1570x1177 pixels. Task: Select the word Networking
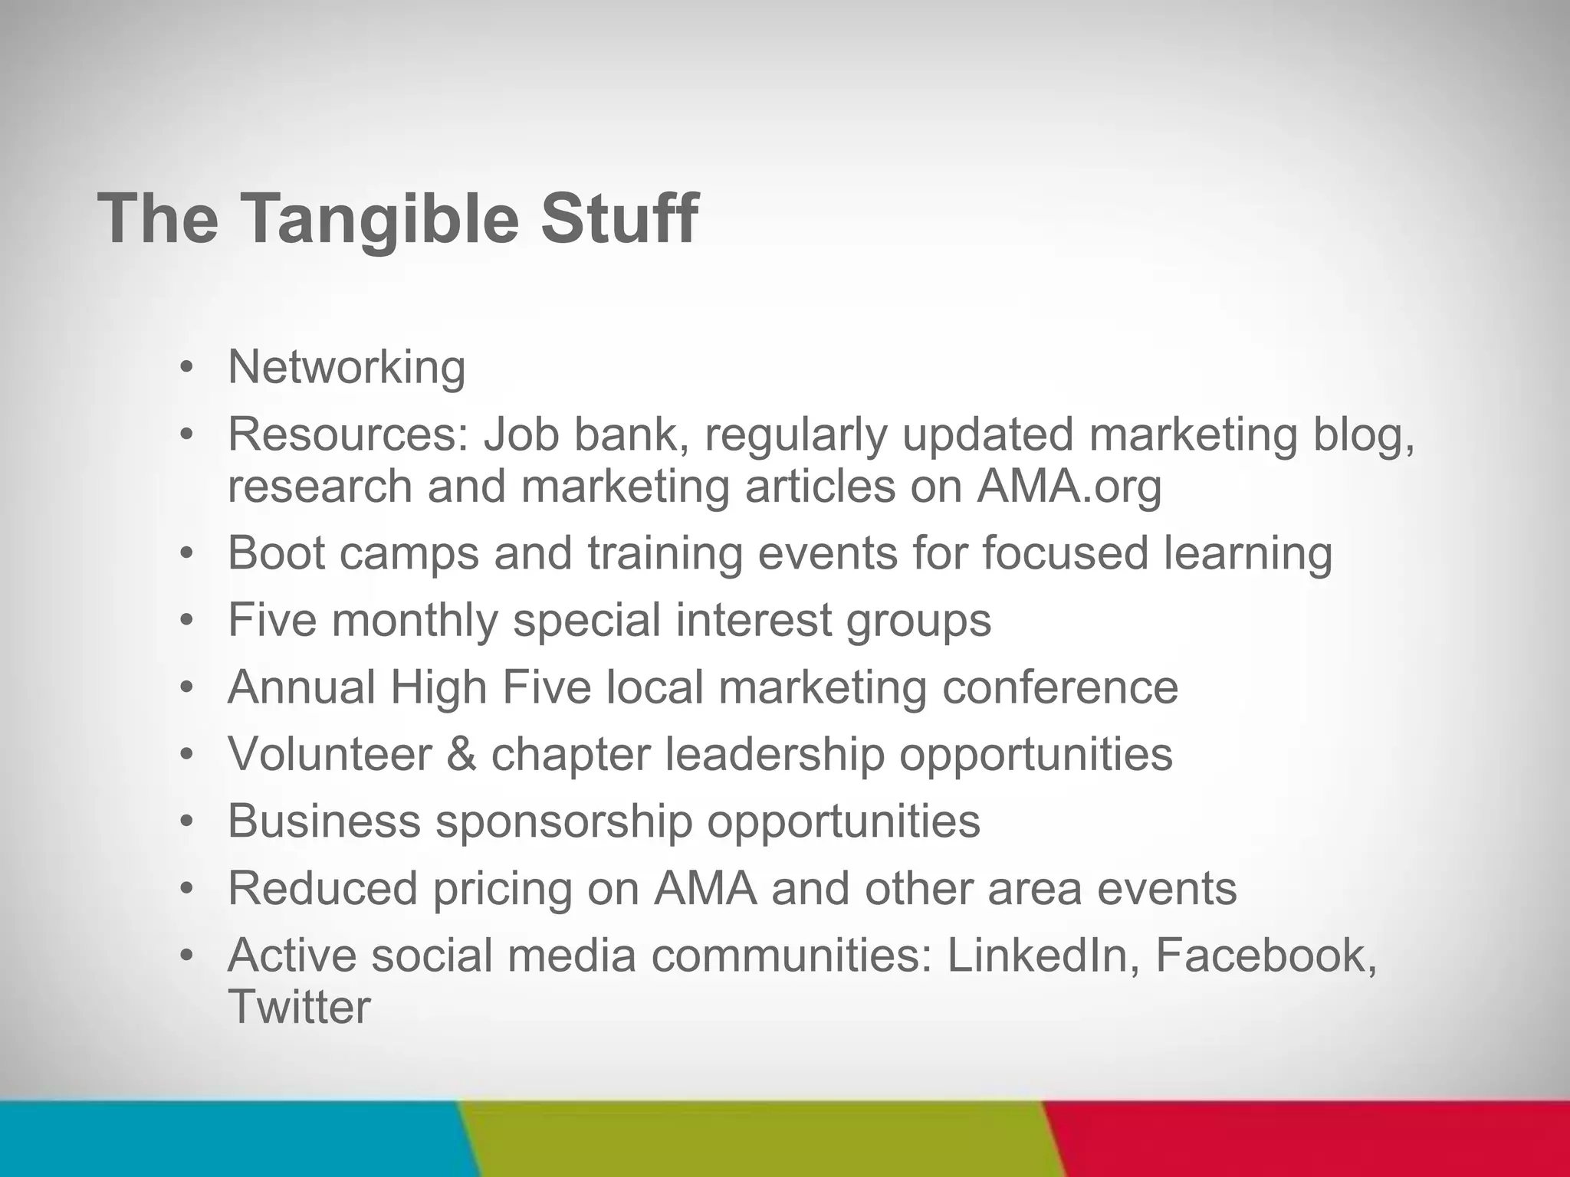[347, 368]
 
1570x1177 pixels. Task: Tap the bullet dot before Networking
[186, 368]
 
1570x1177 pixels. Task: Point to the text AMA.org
[1069, 487]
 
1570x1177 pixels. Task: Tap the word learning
[1247, 552]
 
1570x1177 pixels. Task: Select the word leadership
[774, 754]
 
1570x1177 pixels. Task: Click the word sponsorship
[563, 821]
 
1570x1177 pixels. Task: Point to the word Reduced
[323, 888]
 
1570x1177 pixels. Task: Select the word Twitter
[299, 1007]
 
